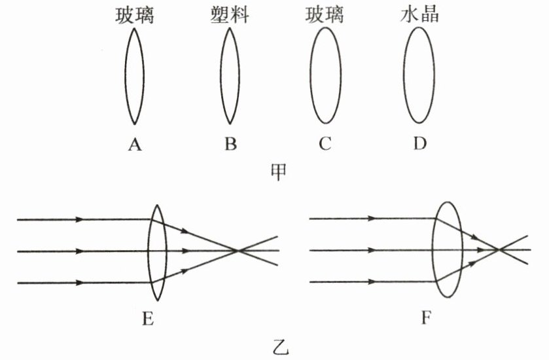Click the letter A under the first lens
(x=135, y=144)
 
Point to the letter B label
(x=230, y=144)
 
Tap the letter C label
(x=325, y=144)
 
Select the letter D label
(x=419, y=144)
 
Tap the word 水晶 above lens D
(x=419, y=15)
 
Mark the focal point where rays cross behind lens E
(x=238, y=250)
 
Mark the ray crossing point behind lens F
(x=499, y=249)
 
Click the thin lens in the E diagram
(x=157, y=251)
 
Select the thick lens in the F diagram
(x=448, y=249)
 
